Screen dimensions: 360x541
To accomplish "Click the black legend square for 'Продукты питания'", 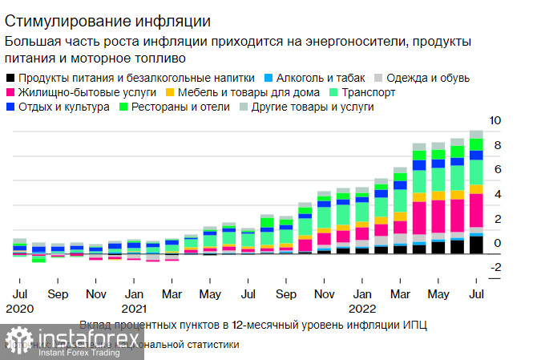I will [10, 78].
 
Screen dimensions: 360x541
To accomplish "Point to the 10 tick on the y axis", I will [495, 121].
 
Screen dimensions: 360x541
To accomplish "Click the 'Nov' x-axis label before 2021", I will [96, 294].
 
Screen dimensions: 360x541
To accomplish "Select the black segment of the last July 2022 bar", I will [476, 245].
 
